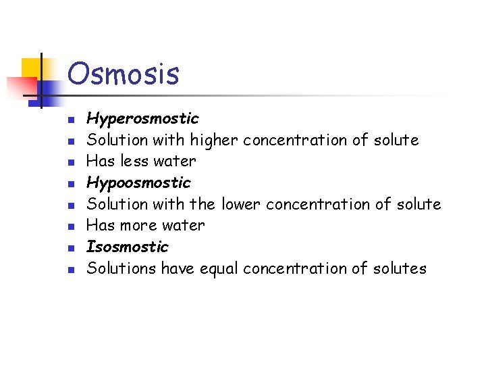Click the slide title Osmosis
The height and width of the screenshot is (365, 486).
click(x=124, y=74)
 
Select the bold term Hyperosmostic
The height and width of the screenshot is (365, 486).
click(x=142, y=119)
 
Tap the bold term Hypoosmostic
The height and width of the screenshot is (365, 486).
click(x=138, y=182)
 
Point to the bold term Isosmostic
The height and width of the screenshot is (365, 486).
click(x=127, y=246)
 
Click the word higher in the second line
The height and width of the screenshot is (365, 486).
click(x=214, y=140)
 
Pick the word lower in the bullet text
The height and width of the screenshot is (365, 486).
click(x=241, y=203)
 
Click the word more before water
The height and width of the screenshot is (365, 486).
click(x=140, y=225)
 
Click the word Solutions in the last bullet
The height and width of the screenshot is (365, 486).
click(x=121, y=268)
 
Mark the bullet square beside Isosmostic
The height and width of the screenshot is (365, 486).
click(x=69, y=248)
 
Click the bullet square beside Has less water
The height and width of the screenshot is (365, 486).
click(x=69, y=163)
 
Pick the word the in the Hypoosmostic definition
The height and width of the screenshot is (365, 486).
click(x=205, y=203)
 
